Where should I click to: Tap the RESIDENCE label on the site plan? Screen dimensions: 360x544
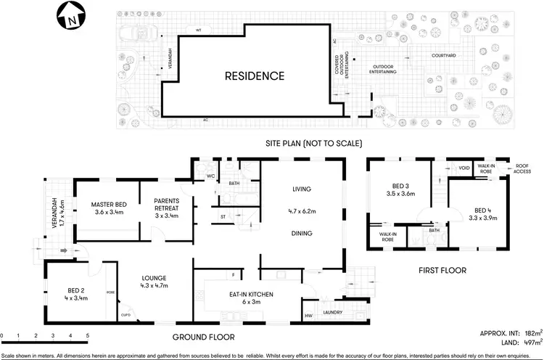point(254,75)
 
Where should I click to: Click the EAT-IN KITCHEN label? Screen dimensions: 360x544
point(246,295)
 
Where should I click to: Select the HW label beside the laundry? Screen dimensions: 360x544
point(309,315)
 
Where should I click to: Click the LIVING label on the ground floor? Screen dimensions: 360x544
point(301,189)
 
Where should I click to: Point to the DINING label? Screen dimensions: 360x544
point(302,234)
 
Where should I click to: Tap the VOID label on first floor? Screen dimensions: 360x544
point(464,168)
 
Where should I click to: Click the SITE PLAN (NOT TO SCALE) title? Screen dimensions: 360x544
point(313,143)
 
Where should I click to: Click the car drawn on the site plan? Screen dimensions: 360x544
point(136,34)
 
